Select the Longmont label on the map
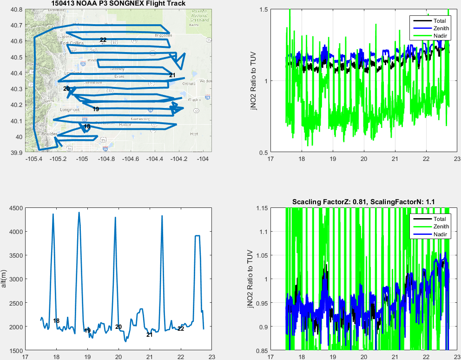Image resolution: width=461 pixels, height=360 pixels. tap(70, 110)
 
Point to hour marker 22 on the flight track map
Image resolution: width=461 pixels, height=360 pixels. tap(103, 40)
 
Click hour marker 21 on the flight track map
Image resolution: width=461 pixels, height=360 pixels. tap(172, 75)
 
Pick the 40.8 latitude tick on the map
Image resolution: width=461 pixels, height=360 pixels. tap(17, 9)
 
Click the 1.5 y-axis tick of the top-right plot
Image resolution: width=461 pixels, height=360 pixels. tap(263, 9)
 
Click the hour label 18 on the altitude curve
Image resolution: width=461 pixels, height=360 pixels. tap(56, 321)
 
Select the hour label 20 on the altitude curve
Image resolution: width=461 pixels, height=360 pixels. tap(119, 327)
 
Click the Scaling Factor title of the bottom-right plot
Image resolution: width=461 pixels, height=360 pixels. tap(363, 201)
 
